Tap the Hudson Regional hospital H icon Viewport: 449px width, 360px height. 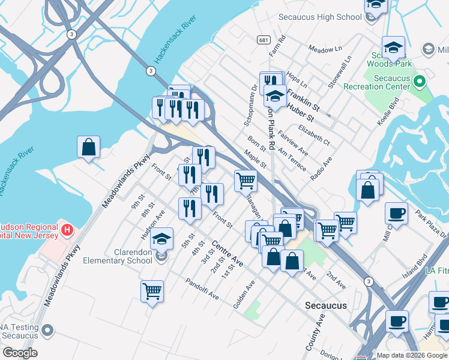(67, 229)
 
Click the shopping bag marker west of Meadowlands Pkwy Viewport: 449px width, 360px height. (88, 147)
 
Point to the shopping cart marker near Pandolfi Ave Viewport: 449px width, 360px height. (152, 292)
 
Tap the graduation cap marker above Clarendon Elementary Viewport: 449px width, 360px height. (161, 239)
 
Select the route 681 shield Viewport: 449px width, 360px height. (264, 39)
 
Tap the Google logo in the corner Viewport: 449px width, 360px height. (20, 353)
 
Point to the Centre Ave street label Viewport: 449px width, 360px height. (228, 254)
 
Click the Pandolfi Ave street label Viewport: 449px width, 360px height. (202, 289)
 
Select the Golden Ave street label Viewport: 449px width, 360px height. (244, 294)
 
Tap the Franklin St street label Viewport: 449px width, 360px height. (301, 95)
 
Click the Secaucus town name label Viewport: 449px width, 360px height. (326, 305)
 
